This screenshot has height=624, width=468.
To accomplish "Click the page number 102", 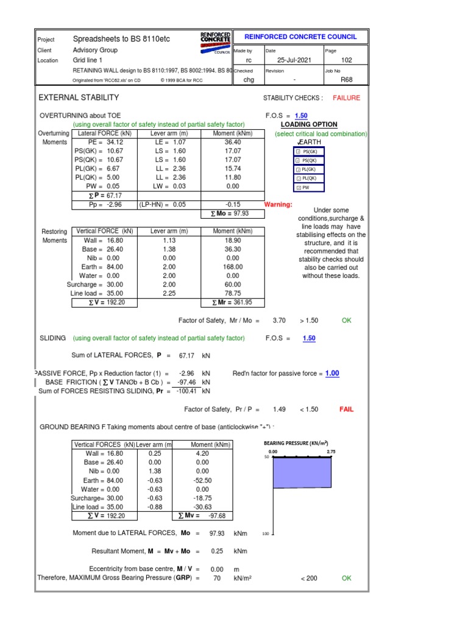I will tap(347, 60).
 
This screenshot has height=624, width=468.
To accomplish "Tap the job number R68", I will tap(347, 79).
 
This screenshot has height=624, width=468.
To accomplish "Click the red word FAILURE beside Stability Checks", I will tap(346, 97).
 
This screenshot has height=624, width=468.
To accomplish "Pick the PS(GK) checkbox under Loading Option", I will tap(298, 151).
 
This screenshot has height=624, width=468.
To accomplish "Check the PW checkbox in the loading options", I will tap(298, 188).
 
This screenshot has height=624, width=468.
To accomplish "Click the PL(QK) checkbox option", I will tap(298, 179).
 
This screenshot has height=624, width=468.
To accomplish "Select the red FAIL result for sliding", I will tap(346, 409).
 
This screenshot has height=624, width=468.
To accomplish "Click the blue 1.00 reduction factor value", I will tap(331, 373).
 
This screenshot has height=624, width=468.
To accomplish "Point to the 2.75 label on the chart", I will tap(331, 451).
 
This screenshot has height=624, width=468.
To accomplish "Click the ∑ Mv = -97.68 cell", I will tap(202, 516).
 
